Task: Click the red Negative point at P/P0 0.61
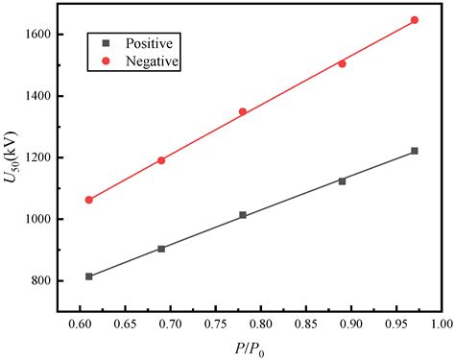point(89,200)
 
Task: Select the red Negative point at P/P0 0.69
point(161,160)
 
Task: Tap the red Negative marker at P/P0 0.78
point(243,111)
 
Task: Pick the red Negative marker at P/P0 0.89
point(342,63)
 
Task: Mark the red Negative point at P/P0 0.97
point(415,20)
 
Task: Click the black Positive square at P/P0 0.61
point(89,276)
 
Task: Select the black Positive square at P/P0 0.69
point(161,249)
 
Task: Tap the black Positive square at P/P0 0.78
point(243,215)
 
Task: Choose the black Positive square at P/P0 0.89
point(342,180)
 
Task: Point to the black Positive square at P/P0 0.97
point(415,151)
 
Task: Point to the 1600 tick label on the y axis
point(46,35)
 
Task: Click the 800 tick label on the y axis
point(50,281)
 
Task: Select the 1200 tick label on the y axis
point(46,157)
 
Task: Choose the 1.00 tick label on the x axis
point(442,326)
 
